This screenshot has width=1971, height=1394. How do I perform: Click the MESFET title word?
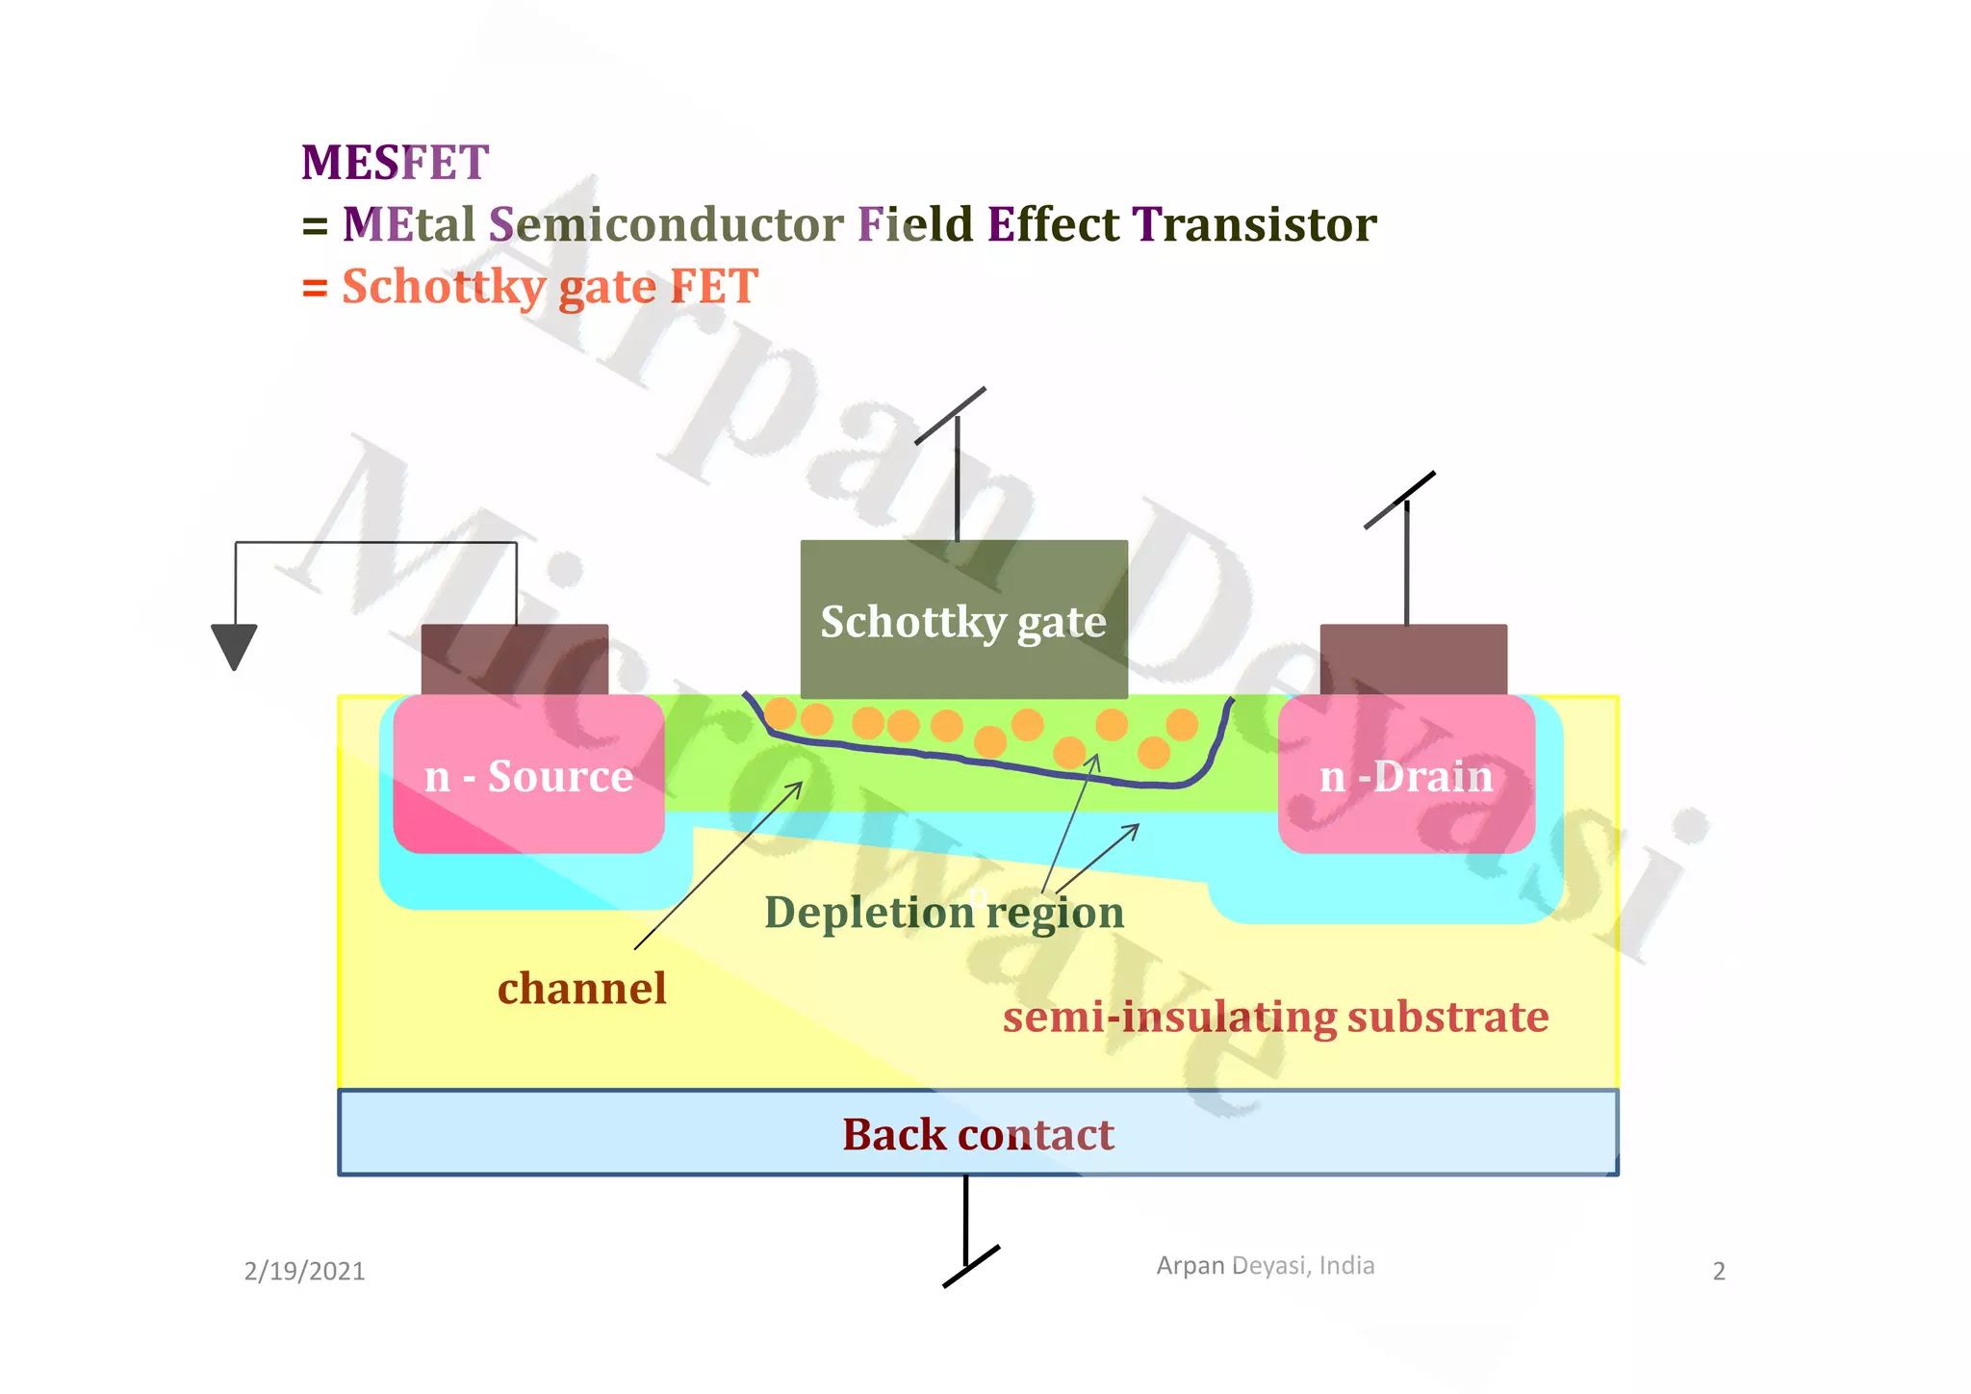395,162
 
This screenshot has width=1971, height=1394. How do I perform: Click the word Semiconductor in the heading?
666,224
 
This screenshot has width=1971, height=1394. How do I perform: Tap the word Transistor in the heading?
1253,224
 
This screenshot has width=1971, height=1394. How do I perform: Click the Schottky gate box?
963,620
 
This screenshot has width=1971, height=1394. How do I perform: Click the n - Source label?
528,776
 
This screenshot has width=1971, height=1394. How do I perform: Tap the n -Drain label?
1406,776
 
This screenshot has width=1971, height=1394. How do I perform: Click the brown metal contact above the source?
515,659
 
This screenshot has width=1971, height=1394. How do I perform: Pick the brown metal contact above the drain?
1413,659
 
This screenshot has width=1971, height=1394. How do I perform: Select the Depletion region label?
943,913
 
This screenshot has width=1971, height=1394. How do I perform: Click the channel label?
581,989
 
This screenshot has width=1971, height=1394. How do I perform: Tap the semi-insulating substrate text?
1275,1018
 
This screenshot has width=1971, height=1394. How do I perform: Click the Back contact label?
978,1134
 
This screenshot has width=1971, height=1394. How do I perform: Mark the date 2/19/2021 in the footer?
304,1272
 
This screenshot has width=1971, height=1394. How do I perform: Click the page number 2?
1719,1272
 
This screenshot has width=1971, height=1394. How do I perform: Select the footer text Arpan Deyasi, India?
1265,1265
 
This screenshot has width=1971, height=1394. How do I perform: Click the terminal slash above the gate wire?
950,416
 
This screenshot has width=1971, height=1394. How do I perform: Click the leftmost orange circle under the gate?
781,714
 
